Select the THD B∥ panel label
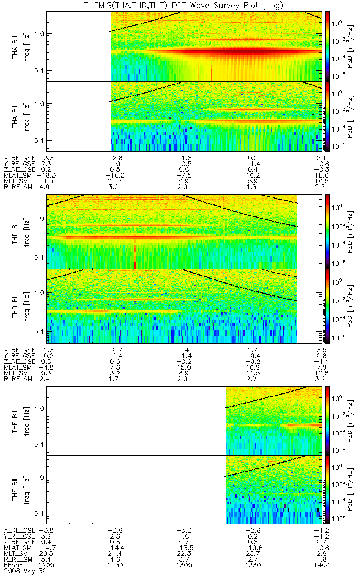[x=15, y=306]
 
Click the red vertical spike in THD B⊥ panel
[x=135, y=257]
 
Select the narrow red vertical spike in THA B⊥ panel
[x=212, y=74]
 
